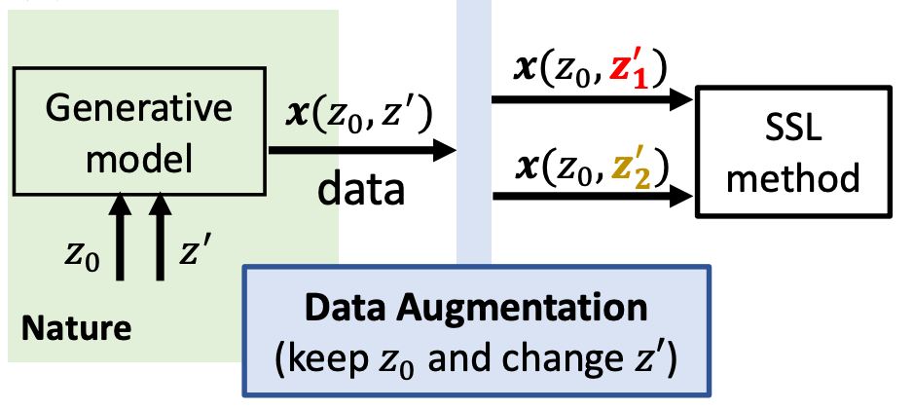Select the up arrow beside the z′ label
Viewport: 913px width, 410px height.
pos(160,237)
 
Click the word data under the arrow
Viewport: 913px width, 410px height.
pos(361,190)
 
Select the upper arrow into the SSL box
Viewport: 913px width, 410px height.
pos(593,98)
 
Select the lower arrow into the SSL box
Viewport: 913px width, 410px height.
pos(593,197)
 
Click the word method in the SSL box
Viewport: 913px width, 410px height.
pos(792,178)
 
